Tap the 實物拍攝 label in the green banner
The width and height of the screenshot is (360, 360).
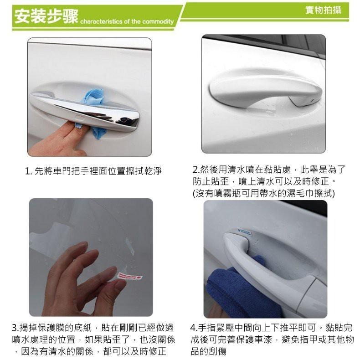click(323, 10)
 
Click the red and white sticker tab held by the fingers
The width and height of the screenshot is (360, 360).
click(130, 276)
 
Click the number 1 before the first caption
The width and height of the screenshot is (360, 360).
click(28, 171)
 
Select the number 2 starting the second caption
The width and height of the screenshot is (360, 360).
click(195, 170)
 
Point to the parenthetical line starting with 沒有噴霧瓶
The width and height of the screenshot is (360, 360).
click(264, 193)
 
